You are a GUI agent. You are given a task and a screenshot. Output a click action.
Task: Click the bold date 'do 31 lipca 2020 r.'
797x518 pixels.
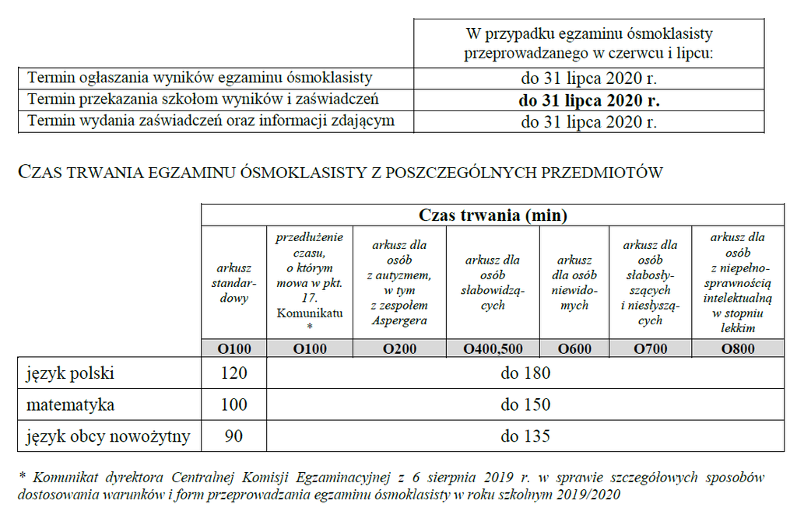coord(589,100)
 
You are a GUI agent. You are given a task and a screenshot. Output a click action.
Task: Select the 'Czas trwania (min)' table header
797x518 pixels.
coord(493,215)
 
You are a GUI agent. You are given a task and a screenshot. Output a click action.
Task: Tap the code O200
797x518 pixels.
coord(399,349)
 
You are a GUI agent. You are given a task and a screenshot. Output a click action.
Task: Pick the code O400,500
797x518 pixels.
coord(493,349)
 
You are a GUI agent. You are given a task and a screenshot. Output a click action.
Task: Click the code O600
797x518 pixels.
coord(574,349)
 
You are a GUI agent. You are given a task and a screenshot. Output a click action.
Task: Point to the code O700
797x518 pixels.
coord(650,349)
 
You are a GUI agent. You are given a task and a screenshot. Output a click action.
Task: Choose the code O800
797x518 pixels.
coord(737,349)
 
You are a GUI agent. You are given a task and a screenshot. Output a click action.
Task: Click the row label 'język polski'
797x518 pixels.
coord(71,373)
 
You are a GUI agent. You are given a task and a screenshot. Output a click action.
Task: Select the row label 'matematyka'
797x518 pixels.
coord(71,404)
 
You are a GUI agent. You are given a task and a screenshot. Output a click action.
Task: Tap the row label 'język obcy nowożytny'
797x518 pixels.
coord(108,436)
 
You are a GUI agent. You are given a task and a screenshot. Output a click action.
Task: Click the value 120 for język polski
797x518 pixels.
coord(233,373)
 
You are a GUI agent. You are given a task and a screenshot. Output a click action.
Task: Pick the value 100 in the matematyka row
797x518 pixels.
coord(233,404)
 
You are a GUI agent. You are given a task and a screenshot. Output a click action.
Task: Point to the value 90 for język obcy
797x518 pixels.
coord(233,436)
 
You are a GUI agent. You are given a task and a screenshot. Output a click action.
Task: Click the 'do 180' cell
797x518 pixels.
coord(525,373)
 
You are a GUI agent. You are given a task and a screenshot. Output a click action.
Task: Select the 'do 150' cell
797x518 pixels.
coord(525,404)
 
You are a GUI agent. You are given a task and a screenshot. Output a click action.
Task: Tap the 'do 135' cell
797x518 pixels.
coord(525,436)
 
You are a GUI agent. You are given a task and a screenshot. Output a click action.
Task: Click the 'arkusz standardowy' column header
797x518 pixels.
coord(233,282)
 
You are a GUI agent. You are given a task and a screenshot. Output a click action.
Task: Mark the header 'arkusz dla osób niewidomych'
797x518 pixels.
coord(574,282)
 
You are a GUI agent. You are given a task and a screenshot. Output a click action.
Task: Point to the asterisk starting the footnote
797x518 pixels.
coord(22,475)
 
